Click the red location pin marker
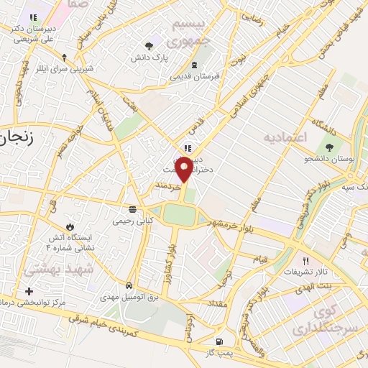[x=185, y=169]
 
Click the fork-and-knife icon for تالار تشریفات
[x=305, y=261]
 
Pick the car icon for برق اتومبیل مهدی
[x=129, y=285]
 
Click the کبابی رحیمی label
[x=132, y=221]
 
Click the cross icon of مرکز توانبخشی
[x=29, y=291]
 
